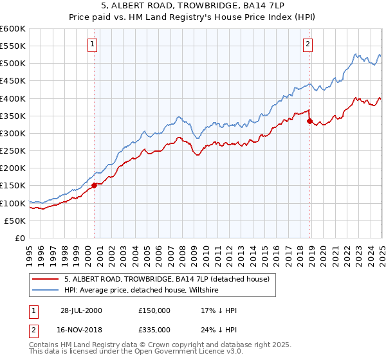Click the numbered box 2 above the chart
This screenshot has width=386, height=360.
coord(308,44)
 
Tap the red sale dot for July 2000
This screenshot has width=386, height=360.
coord(95,185)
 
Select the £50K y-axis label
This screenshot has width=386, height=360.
coord(15,221)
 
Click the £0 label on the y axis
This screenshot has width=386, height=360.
coord(21,238)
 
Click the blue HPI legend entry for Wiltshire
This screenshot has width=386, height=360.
coord(142,291)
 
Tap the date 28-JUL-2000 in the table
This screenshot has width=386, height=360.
coord(81,310)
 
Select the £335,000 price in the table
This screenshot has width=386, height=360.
coord(154,329)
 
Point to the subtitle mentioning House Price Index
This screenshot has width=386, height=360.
coord(192,19)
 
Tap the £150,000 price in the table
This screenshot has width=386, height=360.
coord(154,310)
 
